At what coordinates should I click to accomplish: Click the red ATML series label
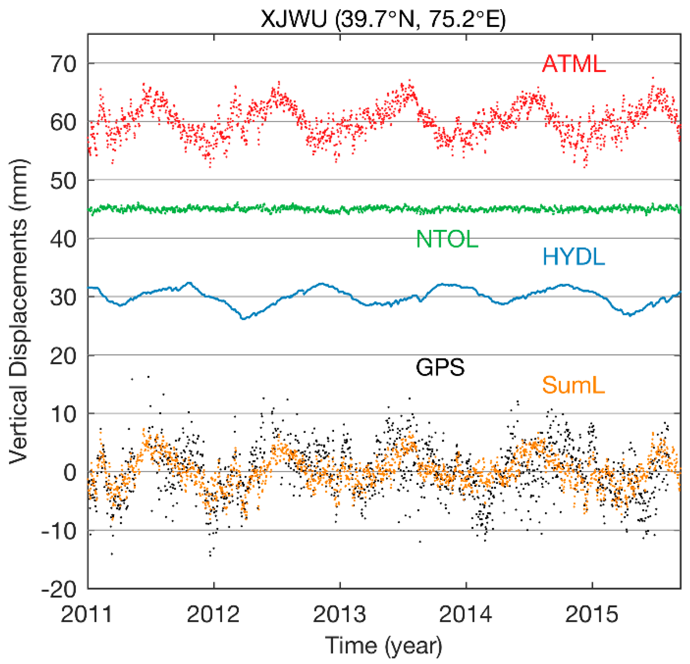tap(573, 64)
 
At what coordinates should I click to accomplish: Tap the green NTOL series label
tap(447, 239)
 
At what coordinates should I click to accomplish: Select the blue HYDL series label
tap(573, 257)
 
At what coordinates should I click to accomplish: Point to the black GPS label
tap(440, 368)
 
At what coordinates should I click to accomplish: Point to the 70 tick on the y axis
tap(63, 64)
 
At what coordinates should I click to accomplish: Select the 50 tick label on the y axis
tap(63, 181)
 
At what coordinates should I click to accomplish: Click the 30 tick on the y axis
tap(63, 297)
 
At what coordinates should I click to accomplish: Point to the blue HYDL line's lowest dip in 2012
tap(243, 318)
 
